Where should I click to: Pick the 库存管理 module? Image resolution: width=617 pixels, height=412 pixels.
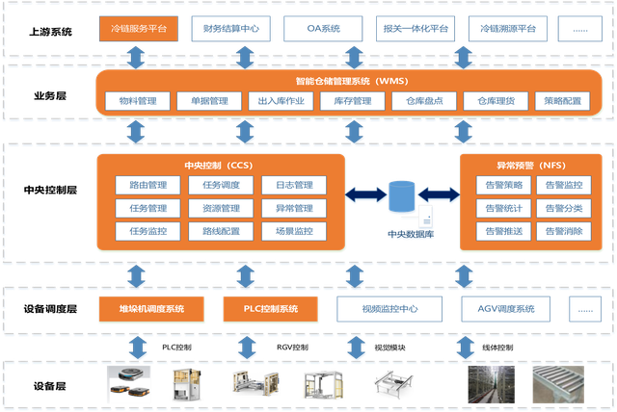click(x=352, y=101)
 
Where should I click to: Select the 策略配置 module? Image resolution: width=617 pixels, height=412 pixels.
click(x=562, y=101)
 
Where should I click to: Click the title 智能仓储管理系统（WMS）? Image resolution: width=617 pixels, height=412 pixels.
click(x=349, y=81)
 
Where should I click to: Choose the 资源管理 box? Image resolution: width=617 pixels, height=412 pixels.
click(x=221, y=208)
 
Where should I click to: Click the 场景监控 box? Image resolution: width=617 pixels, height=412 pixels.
click(x=294, y=231)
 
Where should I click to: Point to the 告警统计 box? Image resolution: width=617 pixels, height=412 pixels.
click(x=504, y=208)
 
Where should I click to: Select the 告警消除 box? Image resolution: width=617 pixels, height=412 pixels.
click(x=564, y=231)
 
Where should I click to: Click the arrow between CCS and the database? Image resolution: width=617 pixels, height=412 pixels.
click(x=364, y=196)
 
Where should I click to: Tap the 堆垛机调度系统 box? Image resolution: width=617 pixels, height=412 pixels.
click(x=151, y=309)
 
